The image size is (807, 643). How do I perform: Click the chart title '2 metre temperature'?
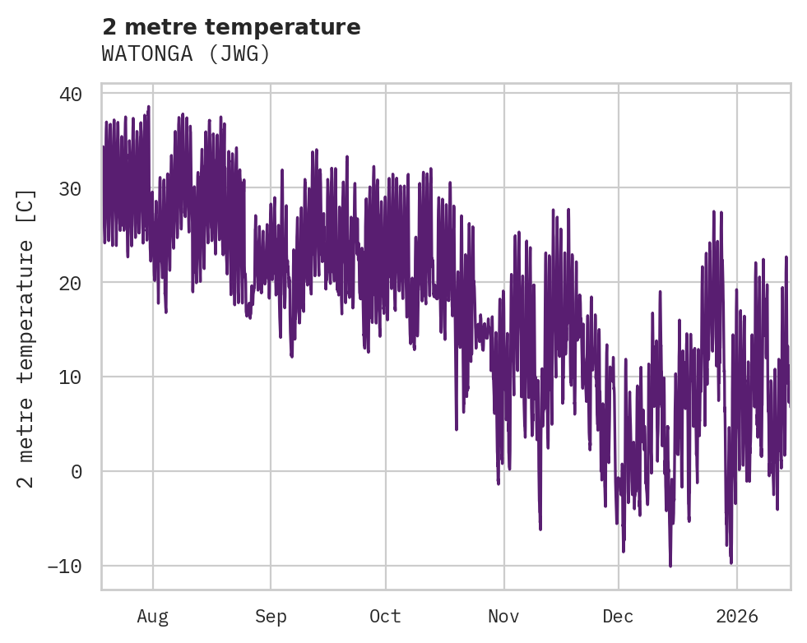tap(231, 27)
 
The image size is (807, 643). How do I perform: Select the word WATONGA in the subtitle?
tap(149, 54)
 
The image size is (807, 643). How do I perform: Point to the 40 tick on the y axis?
tap(71, 94)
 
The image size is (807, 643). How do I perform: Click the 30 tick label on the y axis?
tap(71, 188)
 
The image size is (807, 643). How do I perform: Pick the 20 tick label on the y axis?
tap(71, 283)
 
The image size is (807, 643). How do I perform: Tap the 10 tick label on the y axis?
tap(71, 377)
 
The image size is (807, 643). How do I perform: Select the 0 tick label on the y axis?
tap(77, 472)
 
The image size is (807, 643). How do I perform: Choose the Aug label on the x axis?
tap(152, 617)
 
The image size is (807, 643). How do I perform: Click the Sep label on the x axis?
tap(271, 617)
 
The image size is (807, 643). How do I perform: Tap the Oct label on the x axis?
tap(385, 617)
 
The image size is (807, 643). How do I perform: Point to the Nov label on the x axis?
tap(503, 617)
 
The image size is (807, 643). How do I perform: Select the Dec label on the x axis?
tap(618, 617)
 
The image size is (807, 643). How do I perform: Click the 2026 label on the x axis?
tap(737, 617)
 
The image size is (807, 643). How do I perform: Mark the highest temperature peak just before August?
tap(149, 107)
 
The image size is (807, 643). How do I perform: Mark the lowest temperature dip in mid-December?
tap(670, 566)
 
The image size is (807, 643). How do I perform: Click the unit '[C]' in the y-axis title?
tap(27, 204)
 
